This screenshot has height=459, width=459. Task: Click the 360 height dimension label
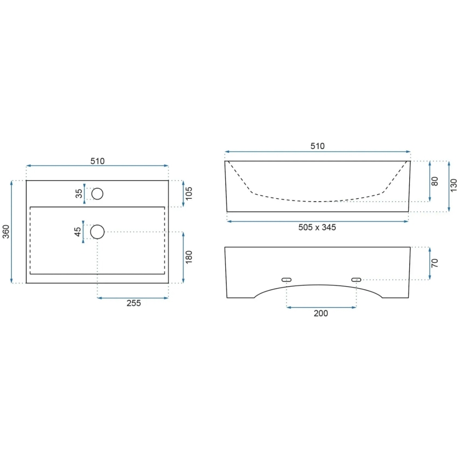tap(6, 232)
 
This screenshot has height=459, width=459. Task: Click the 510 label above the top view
tap(98, 161)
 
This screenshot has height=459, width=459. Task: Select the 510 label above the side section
tap(317, 146)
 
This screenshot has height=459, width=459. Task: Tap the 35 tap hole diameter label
tap(79, 194)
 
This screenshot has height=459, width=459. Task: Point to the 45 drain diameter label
tap(78, 232)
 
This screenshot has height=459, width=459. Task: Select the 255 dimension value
tap(133, 303)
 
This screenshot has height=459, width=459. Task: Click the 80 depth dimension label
tap(435, 181)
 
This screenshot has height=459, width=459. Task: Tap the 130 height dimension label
tap(454, 186)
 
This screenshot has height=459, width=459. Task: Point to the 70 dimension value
tap(435, 263)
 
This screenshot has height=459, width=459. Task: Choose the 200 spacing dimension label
tap(321, 313)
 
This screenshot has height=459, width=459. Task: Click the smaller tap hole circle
tap(97, 194)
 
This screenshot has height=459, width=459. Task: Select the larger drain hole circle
tap(97, 232)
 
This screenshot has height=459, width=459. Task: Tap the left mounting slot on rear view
tap(287, 279)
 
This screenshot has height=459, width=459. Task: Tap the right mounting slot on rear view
tap(356, 279)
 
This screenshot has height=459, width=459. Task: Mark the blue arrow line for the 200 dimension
tap(321, 307)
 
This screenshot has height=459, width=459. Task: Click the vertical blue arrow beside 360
tap(12, 232)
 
